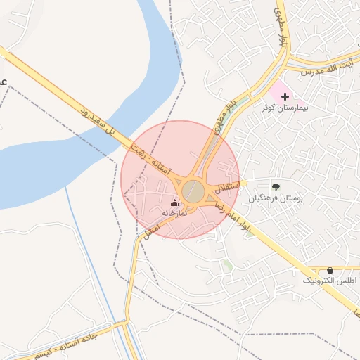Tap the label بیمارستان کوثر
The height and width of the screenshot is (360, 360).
(289, 108)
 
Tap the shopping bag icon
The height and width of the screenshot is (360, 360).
(330, 270)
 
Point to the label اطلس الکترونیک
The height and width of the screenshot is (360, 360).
(329, 281)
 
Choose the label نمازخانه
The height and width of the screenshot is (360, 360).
(174, 212)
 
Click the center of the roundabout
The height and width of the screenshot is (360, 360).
(193, 191)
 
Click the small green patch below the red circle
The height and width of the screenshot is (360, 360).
(228, 264)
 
